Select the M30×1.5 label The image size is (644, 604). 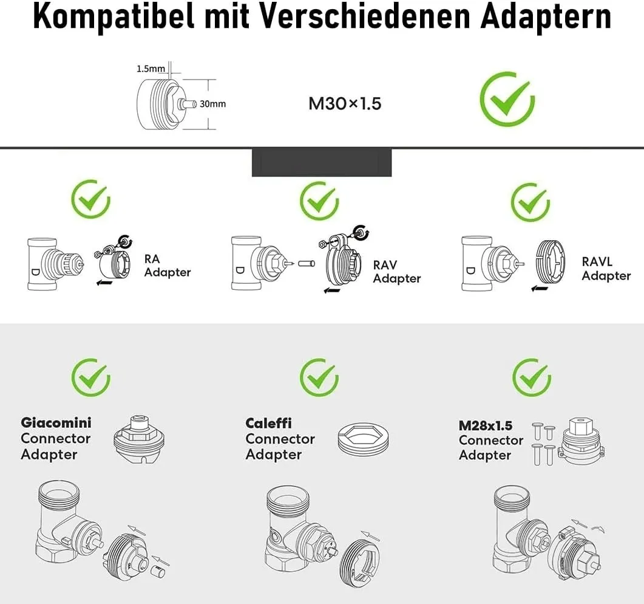tap(345, 103)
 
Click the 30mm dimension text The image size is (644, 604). tap(212, 104)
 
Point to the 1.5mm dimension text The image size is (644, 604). tap(149, 69)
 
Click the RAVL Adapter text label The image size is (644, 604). tap(606, 269)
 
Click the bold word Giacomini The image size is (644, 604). tap(56, 422)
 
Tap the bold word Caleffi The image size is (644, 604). tap(268, 423)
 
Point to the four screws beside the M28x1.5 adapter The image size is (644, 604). tap(543, 444)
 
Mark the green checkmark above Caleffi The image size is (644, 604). tap(319, 377)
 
